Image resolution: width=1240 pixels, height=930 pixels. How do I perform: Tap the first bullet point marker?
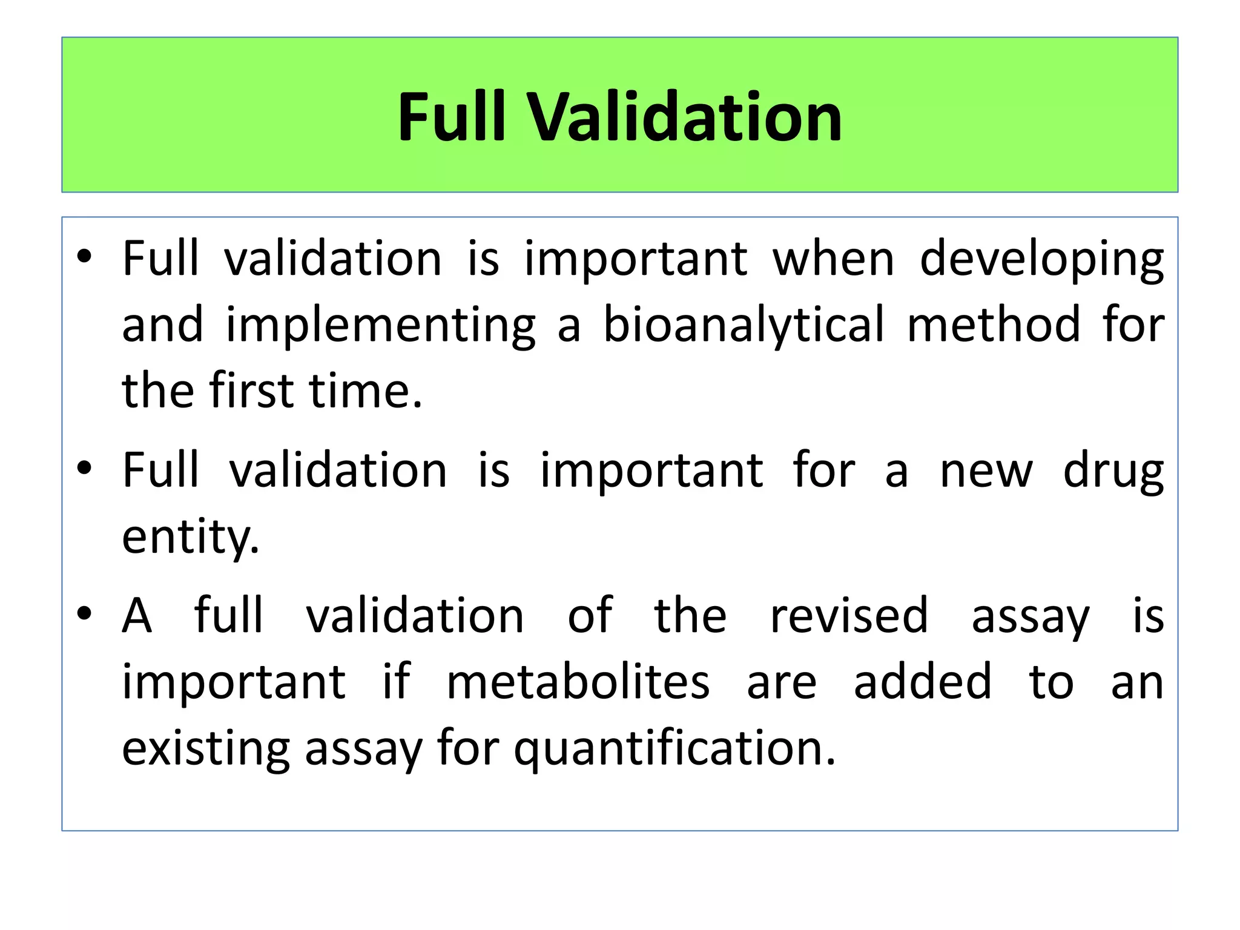[x=84, y=257]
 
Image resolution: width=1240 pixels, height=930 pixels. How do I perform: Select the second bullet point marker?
[x=84, y=468]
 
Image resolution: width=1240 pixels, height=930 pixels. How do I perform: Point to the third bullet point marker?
[x=84, y=614]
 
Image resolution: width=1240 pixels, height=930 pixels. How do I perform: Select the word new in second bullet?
[x=986, y=471]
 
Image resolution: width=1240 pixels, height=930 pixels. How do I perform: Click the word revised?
[x=849, y=615]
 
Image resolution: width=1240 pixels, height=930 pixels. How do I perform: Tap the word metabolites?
[x=578, y=682]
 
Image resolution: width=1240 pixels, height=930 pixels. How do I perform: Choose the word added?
[x=923, y=682]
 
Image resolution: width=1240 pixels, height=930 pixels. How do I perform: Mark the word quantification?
[x=674, y=750]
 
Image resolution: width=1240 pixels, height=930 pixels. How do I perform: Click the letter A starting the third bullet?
[x=137, y=615]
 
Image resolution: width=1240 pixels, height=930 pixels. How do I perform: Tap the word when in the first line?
[x=834, y=259]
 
